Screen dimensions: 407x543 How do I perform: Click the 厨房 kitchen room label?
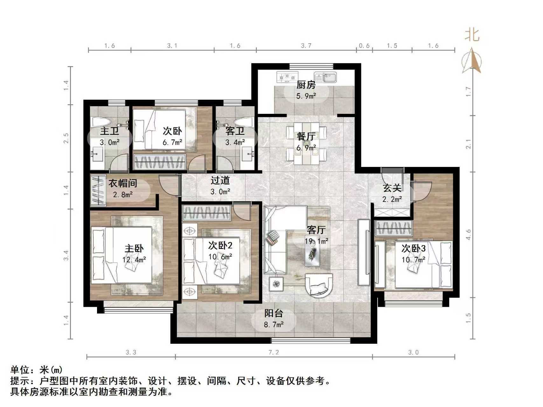[x=306, y=85]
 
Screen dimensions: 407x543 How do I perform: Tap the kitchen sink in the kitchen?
[x=325, y=77]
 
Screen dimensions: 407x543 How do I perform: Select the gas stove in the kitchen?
[x=287, y=77]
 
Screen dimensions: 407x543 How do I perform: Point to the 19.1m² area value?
[x=316, y=241]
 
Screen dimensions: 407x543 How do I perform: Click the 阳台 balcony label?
[x=274, y=313]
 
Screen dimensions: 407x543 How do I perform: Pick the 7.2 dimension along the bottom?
[x=274, y=352]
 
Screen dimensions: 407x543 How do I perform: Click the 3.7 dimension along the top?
[x=306, y=46]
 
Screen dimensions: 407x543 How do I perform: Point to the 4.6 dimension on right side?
[x=468, y=235]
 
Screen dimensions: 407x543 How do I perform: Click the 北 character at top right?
[x=472, y=35]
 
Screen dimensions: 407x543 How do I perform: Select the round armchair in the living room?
[x=319, y=285]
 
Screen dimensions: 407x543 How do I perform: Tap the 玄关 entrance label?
[x=392, y=188]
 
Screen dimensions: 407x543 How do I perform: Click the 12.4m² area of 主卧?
[x=134, y=260]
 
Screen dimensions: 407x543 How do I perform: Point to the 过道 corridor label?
[x=220, y=180]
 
